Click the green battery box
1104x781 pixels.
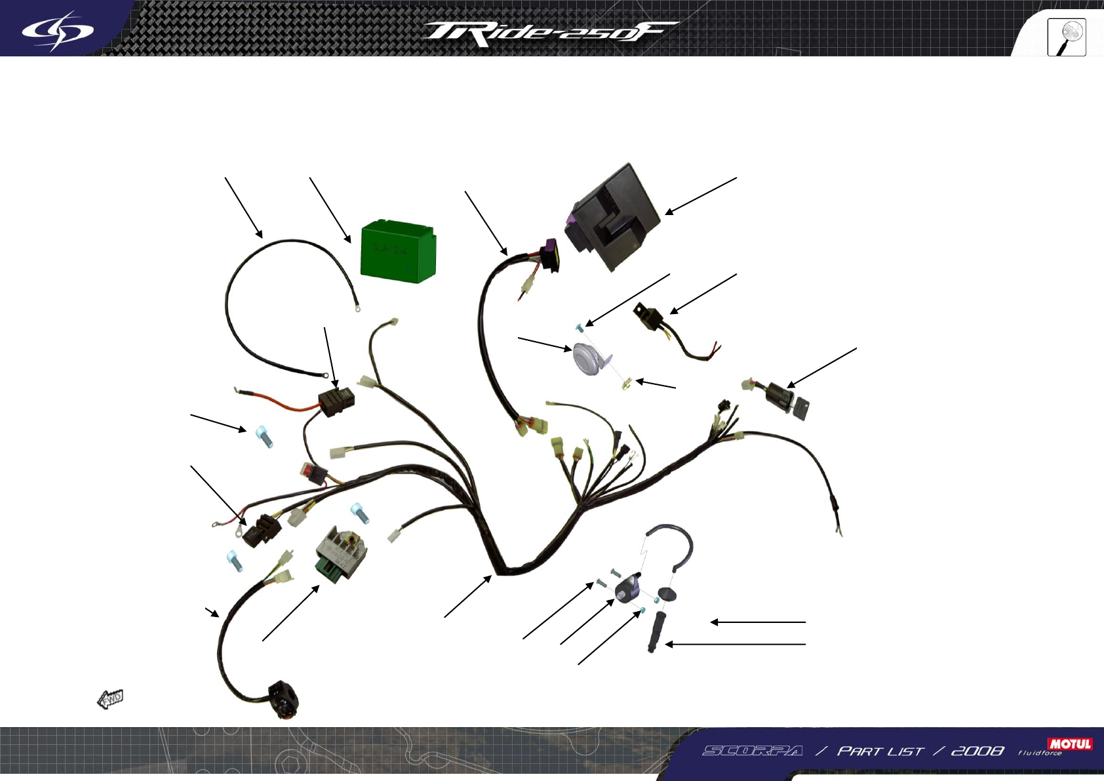[398, 251]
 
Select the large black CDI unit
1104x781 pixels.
[613, 216]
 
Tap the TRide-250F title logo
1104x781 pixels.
[549, 33]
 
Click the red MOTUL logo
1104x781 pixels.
[1070, 744]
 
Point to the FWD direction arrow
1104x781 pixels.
[110, 699]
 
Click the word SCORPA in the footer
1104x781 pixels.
[753, 751]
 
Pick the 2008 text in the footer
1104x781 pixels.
[977, 751]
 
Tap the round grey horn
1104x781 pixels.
[587, 359]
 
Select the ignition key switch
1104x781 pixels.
[787, 397]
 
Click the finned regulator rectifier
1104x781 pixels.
[341, 550]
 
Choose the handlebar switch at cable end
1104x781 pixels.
[285, 700]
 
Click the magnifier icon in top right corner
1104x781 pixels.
[1067, 37]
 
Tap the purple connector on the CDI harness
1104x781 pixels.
[549, 256]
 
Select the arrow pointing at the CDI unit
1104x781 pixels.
[700, 196]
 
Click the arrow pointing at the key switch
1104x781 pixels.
[821, 368]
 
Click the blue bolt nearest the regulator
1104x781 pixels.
[359, 512]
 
